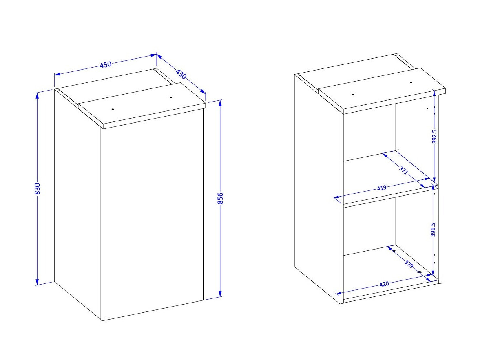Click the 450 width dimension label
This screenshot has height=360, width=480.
[x=106, y=64]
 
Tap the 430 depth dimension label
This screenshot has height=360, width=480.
[x=181, y=75]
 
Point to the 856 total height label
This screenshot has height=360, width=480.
[x=220, y=198]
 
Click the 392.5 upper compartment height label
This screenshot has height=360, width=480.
[x=434, y=137]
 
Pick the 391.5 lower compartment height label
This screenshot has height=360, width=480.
[x=433, y=230]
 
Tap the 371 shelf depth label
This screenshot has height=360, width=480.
[x=403, y=170]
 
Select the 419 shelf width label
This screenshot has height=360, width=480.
[x=381, y=188]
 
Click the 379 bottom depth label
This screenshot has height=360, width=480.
[x=409, y=264]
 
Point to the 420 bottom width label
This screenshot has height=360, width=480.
[x=384, y=284]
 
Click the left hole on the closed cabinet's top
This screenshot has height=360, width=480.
[x=113, y=109]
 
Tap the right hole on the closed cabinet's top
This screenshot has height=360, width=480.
[x=171, y=97]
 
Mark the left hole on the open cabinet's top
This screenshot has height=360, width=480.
[x=353, y=95]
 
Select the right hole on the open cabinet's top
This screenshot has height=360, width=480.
[x=411, y=83]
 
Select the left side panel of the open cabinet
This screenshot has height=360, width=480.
[x=317, y=188]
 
